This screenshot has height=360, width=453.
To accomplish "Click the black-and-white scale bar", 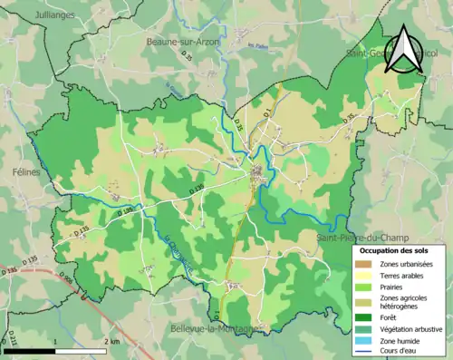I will point(55,350).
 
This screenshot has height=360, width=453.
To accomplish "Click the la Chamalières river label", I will point(180,255).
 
